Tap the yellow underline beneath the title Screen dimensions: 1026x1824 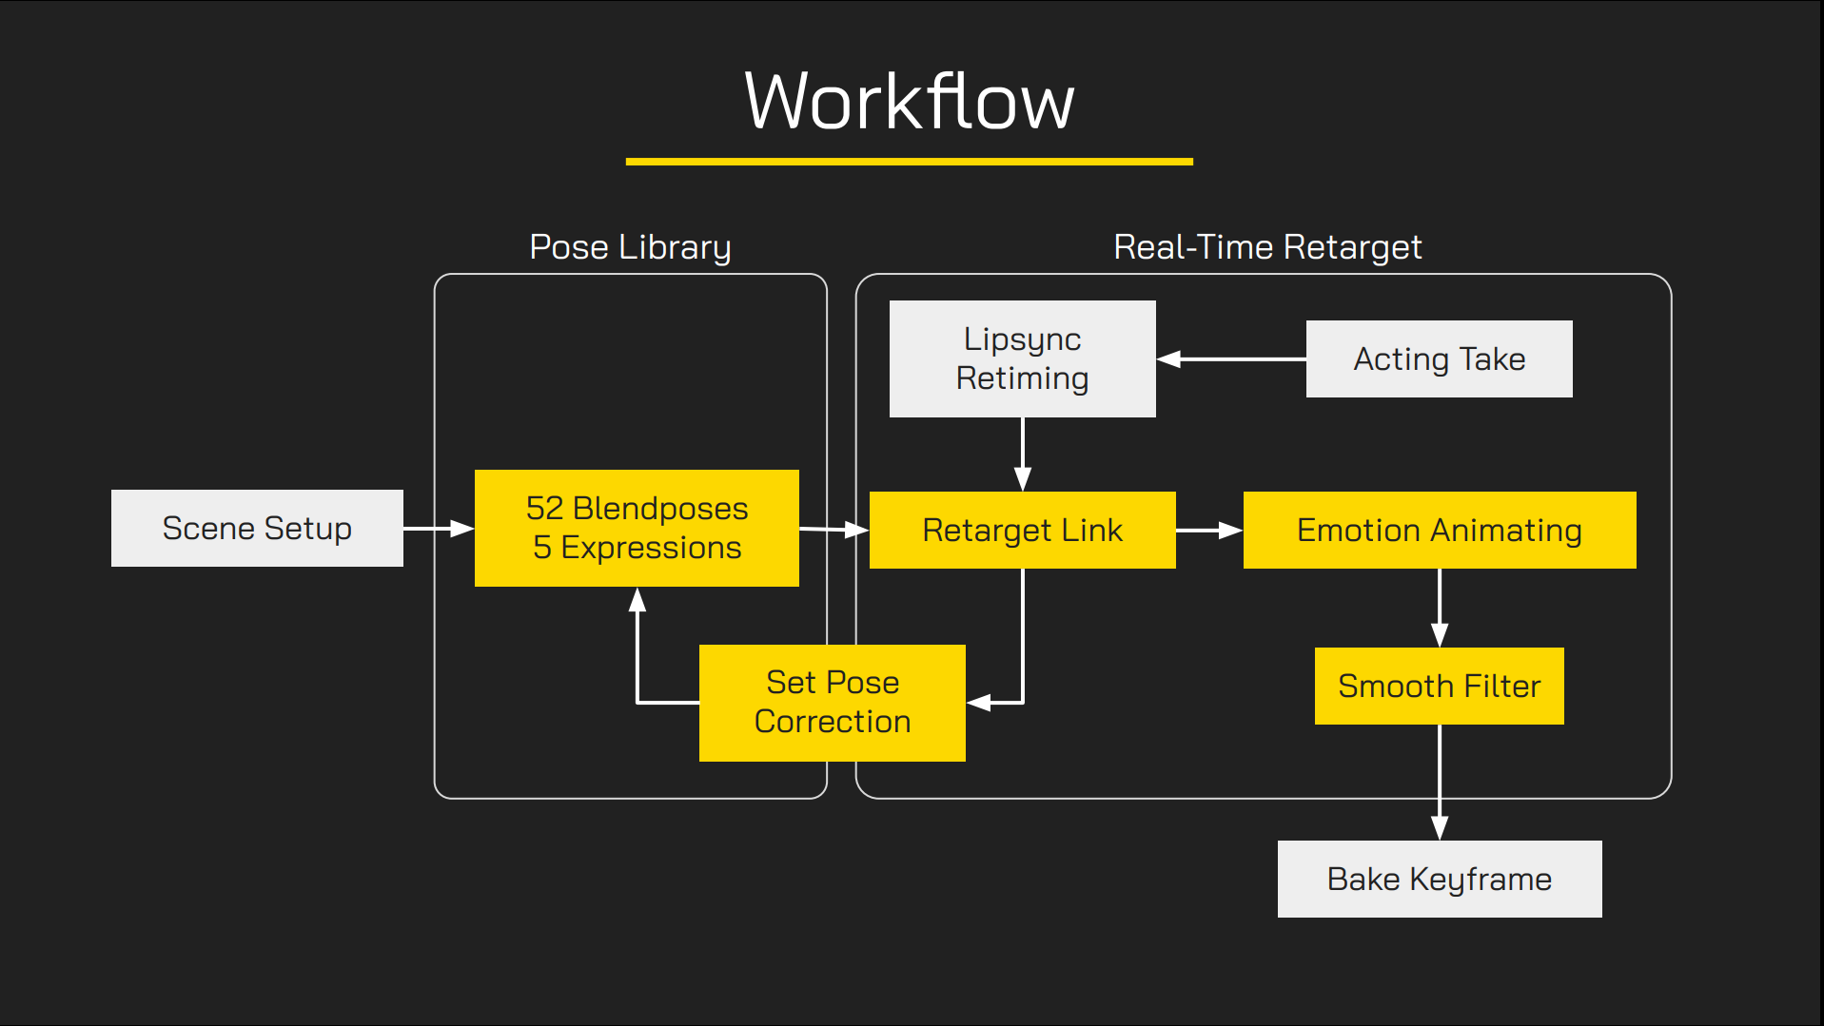pyautogui.click(x=909, y=162)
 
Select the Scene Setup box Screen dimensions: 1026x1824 pyautogui.click(x=257, y=528)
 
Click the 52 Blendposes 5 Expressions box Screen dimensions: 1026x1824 pyautogui.click(x=637, y=528)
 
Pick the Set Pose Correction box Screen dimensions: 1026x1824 pyautogui.click(x=833, y=703)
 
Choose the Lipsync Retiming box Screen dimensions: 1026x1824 pyautogui.click(x=1022, y=358)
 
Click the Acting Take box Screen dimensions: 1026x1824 pyautogui.click(x=1439, y=358)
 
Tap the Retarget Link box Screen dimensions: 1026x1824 pyautogui.click(x=1022, y=530)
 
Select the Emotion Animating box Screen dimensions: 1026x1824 pyautogui.click(x=1439, y=530)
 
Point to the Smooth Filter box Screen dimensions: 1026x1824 pyautogui.click(x=1439, y=686)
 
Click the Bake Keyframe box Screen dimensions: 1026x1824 pyautogui.click(x=1439, y=879)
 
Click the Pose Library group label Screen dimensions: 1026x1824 pyautogui.click(x=630, y=247)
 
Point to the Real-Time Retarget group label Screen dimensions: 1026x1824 pyautogui.click(x=1267, y=247)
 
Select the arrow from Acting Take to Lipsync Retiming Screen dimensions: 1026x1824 pyautogui.click(x=1231, y=359)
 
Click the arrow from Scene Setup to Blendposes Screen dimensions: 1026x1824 pyautogui.click(x=439, y=528)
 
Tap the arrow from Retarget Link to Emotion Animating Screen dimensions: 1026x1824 pyautogui.click(x=1209, y=531)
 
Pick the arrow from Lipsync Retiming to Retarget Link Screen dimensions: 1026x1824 pyautogui.click(x=1023, y=455)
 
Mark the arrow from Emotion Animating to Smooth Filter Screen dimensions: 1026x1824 pyautogui.click(x=1440, y=609)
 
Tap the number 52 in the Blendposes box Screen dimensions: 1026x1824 pyautogui.click(x=545, y=509)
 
